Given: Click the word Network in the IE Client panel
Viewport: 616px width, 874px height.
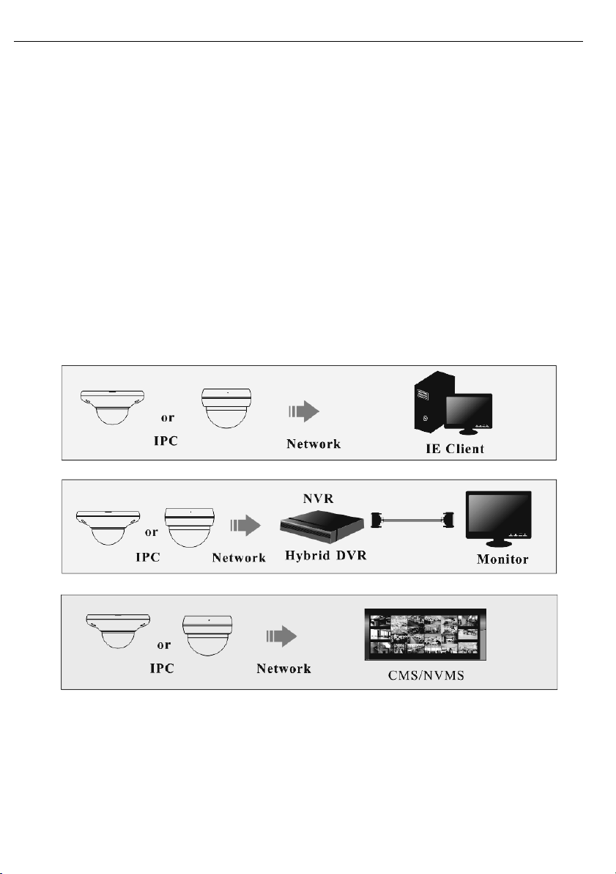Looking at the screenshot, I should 313,444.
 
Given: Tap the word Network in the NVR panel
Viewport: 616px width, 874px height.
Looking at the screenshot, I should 239,558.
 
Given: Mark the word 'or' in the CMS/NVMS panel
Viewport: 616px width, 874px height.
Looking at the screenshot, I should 166,645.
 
